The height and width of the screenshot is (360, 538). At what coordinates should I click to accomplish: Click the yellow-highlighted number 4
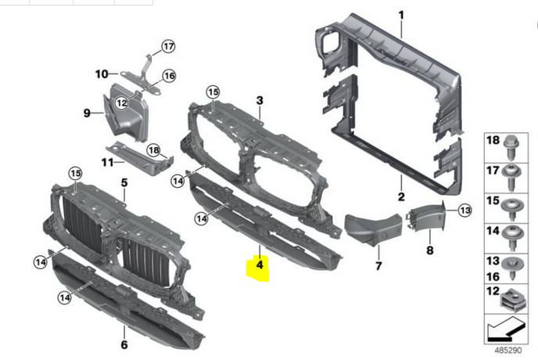click(x=258, y=266)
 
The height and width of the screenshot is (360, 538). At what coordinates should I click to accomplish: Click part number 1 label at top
click(x=401, y=15)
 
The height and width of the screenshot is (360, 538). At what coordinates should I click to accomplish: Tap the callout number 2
click(x=400, y=196)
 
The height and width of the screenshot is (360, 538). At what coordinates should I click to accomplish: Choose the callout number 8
click(x=429, y=250)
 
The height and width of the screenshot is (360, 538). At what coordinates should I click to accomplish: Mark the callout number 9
click(x=88, y=113)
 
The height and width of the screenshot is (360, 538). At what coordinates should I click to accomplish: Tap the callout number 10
click(x=102, y=74)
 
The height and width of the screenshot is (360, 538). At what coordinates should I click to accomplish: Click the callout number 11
click(x=108, y=162)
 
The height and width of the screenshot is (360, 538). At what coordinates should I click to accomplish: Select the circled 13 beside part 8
click(x=464, y=210)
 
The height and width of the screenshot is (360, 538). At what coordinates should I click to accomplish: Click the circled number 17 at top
click(x=168, y=46)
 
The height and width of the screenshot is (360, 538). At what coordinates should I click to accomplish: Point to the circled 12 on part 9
click(x=121, y=103)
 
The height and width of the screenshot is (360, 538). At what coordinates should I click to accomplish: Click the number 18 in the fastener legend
click(x=493, y=140)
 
